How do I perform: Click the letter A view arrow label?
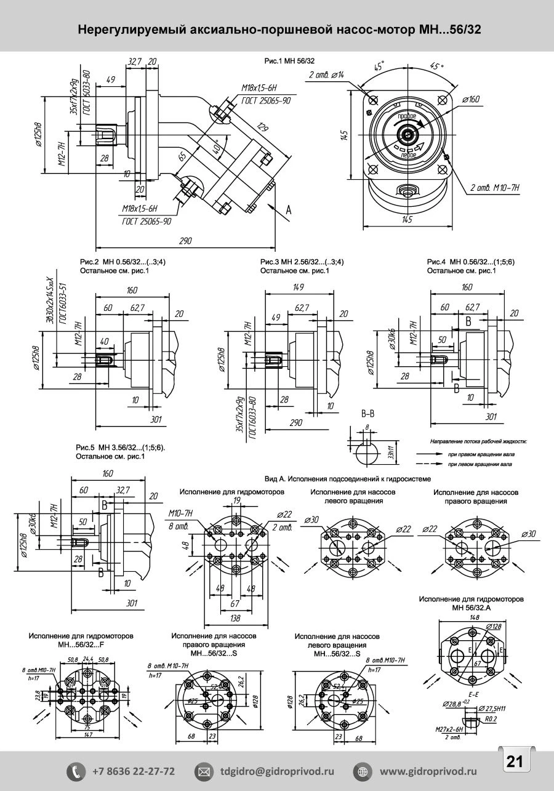(288, 210)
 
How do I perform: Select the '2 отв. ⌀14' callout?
(326, 75)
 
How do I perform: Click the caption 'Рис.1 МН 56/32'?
(289, 60)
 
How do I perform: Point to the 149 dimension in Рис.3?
(300, 287)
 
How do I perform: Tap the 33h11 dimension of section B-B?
(390, 454)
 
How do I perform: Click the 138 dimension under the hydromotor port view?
(236, 618)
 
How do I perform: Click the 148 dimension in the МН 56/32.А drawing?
(474, 617)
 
